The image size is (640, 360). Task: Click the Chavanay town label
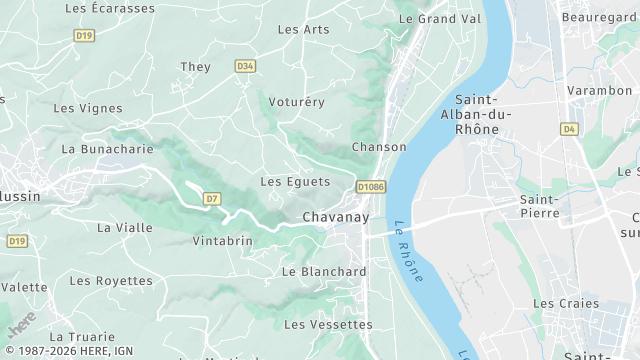click(x=335, y=217)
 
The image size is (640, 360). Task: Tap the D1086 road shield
click(x=371, y=186)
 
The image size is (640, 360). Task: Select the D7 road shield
click(x=211, y=199)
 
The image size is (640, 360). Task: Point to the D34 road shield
click(x=245, y=66)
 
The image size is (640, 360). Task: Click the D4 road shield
click(x=570, y=129)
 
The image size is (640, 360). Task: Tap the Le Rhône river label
click(x=408, y=250)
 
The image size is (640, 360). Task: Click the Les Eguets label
click(x=295, y=182)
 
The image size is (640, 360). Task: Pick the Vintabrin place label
click(x=222, y=241)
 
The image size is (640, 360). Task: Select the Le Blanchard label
click(x=324, y=271)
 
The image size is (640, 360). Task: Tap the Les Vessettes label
click(x=328, y=324)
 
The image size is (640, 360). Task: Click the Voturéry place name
click(x=297, y=102)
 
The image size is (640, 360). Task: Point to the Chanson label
click(x=379, y=147)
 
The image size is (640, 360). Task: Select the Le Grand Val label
click(x=440, y=19)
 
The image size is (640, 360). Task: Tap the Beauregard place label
click(x=600, y=18)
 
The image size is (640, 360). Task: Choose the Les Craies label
click(x=566, y=303)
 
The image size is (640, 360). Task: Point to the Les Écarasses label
click(x=110, y=8)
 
